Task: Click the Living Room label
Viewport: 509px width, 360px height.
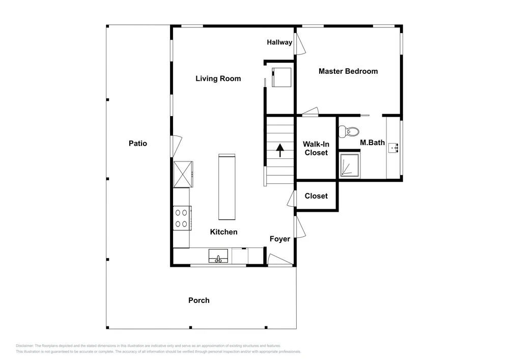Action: tap(218, 78)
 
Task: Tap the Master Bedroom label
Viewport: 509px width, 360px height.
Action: tap(348, 71)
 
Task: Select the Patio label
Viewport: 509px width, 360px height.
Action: tap(138, 144)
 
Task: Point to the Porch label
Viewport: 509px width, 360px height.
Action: tap(199, 300)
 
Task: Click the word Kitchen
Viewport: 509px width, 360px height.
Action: tap(223, 232)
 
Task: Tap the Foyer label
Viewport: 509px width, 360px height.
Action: tap(280, 239)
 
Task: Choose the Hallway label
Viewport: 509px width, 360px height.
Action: tap(279, 42)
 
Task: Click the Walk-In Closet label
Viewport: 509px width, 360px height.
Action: tap(316, 148)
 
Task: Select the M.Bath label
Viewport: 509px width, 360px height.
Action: tap(373, 143)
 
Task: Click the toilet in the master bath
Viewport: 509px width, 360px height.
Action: tap(349, 132)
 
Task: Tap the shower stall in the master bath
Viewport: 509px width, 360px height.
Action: tap(350, 165)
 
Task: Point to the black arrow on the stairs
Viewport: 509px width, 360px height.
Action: tap(280, 150)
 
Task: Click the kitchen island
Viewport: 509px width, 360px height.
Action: tap(227, 187)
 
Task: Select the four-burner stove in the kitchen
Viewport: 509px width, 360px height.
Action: tap(182, 218)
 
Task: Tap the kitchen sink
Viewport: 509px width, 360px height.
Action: tap(218, 256)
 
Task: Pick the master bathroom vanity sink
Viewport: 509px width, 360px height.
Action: tap(393, 148)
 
